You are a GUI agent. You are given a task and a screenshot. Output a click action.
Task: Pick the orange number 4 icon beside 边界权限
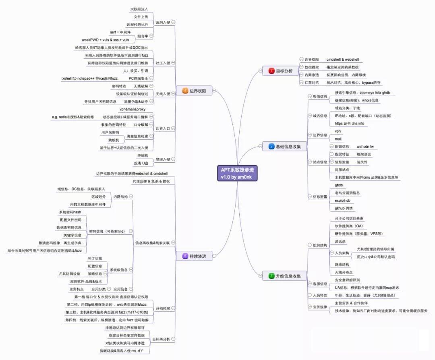click(185, 91)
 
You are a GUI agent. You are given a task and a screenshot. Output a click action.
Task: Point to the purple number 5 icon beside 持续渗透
click(185, 256)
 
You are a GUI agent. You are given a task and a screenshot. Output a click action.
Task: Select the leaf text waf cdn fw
click(365, 147)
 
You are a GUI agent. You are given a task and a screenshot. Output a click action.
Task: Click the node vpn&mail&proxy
click(133, 109)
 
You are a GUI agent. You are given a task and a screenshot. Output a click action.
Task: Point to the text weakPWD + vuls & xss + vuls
click(106, 40)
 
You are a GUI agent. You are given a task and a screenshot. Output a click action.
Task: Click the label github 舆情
click(344, 208)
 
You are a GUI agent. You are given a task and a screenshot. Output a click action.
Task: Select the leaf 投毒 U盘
click(141, 163)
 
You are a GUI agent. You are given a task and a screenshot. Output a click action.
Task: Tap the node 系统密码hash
click(70, 212)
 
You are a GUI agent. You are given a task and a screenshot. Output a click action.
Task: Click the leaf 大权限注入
click(139, 9)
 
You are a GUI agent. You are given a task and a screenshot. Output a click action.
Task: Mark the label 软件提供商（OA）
click(349, 226)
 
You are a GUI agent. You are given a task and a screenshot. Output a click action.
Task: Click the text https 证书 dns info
click(349, 124)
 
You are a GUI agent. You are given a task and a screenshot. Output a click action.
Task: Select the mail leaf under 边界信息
click(338, 139)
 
